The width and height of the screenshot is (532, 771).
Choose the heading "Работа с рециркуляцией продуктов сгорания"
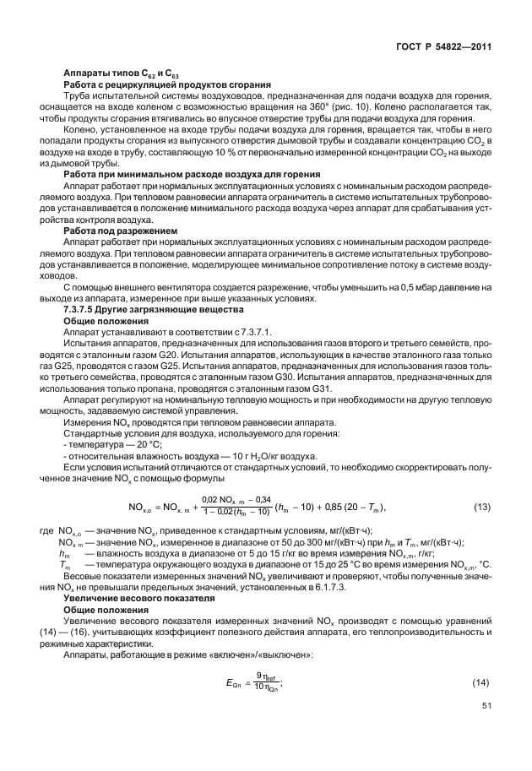coord(166,84)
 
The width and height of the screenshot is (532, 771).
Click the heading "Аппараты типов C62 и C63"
coord(122,74)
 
